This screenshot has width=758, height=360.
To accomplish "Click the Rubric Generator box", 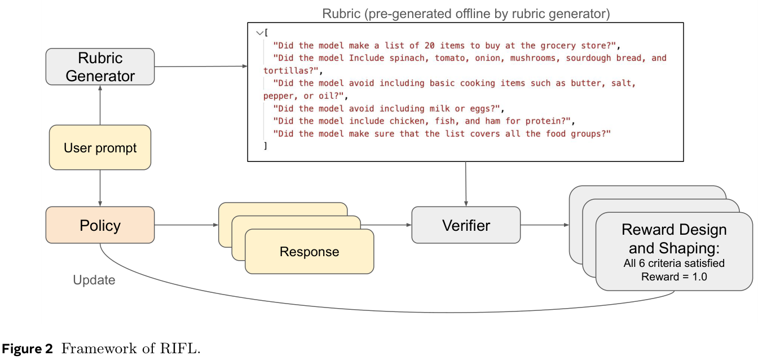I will point(100,67).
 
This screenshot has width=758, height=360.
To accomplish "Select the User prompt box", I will point(100,148).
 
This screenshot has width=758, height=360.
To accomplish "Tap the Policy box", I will point(100,225).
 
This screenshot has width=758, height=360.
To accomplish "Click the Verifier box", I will point(466,225).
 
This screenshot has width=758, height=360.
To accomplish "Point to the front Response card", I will point(309,252).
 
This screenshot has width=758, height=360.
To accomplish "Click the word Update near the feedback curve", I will point(94,280).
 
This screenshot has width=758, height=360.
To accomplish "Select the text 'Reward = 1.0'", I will point(674,276).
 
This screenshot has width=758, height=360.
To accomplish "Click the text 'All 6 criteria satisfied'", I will point(674,264).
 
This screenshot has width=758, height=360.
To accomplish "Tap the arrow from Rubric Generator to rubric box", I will point(200,67).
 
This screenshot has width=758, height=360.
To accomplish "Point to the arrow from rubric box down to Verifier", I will point(466,184).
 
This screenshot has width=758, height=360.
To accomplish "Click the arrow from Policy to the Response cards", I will point(186,225).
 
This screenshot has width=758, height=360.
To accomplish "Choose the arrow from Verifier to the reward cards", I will point(544,225).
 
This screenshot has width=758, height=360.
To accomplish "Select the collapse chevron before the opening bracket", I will point(259,33).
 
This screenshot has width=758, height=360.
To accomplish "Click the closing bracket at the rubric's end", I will point(265,146).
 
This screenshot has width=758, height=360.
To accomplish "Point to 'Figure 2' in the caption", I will point(28,349).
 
